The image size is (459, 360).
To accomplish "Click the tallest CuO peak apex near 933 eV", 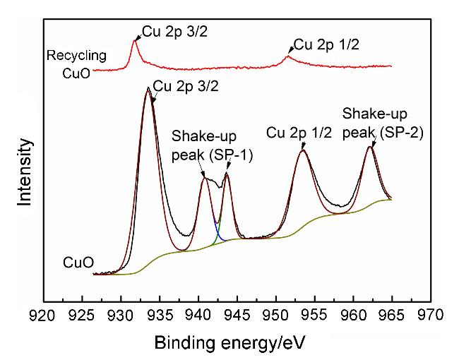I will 148,89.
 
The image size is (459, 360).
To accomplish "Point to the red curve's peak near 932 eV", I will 134,41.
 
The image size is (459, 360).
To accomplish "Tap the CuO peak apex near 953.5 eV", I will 303,150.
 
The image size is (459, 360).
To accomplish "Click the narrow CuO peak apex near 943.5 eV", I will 226,173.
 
